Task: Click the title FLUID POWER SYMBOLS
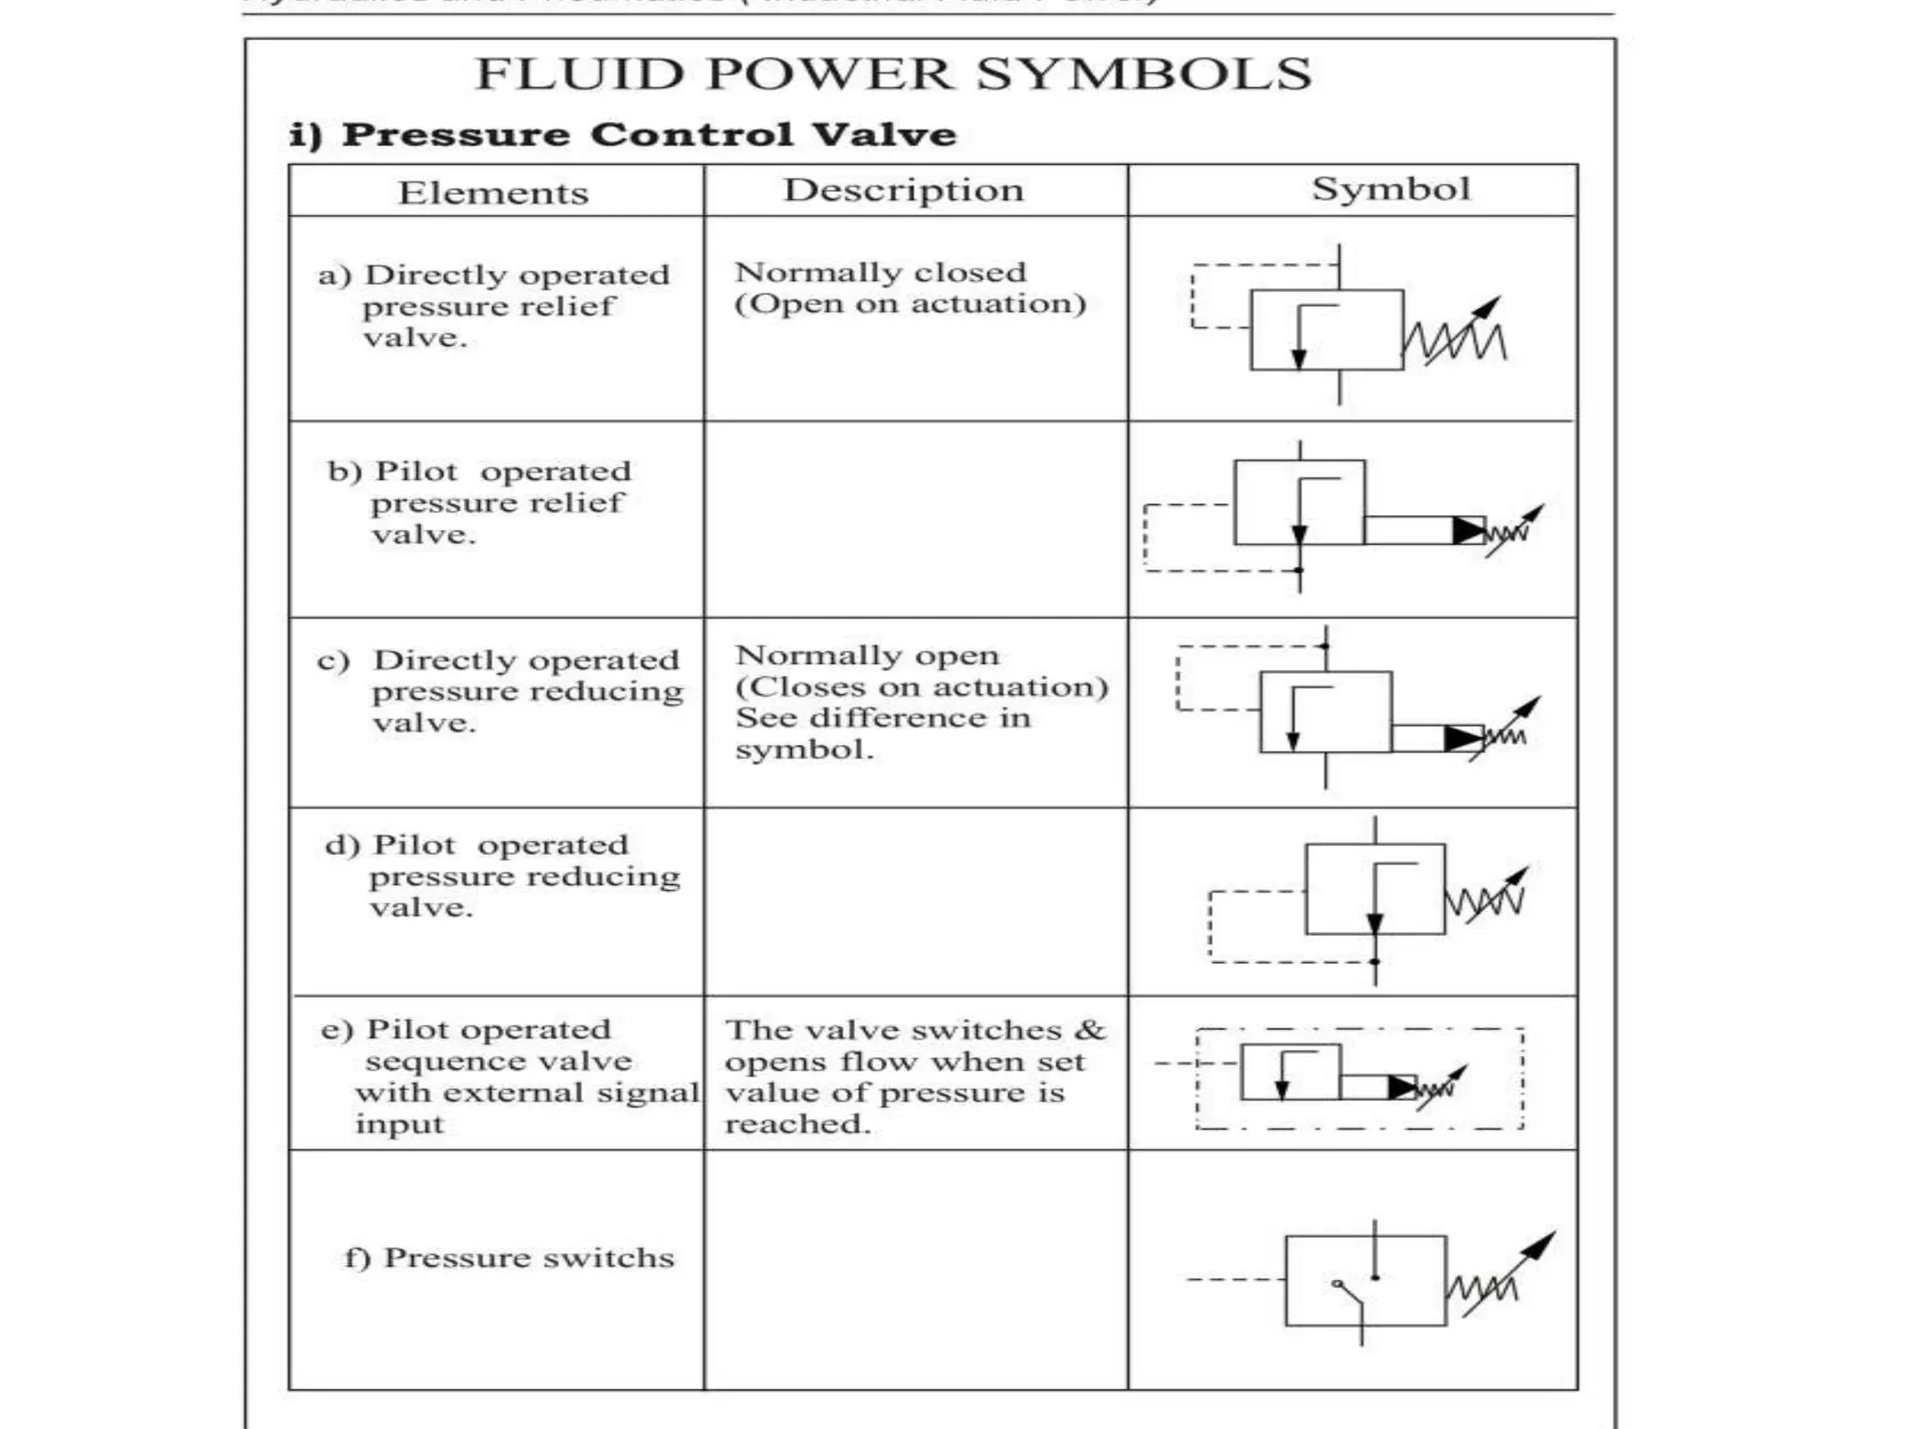893,74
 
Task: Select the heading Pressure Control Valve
648,135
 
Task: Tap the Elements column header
493,194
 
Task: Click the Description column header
903,191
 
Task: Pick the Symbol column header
1391,189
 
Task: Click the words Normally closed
880,273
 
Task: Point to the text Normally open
867,656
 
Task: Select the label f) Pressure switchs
509,1258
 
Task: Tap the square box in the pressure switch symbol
1365,1280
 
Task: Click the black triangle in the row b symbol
1468,530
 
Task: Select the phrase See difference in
883,718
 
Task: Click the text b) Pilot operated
479,472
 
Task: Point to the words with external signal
526,1093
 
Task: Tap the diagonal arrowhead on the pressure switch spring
1544,1243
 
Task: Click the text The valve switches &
915,1031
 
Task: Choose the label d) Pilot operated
476,846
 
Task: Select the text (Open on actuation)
910,304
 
